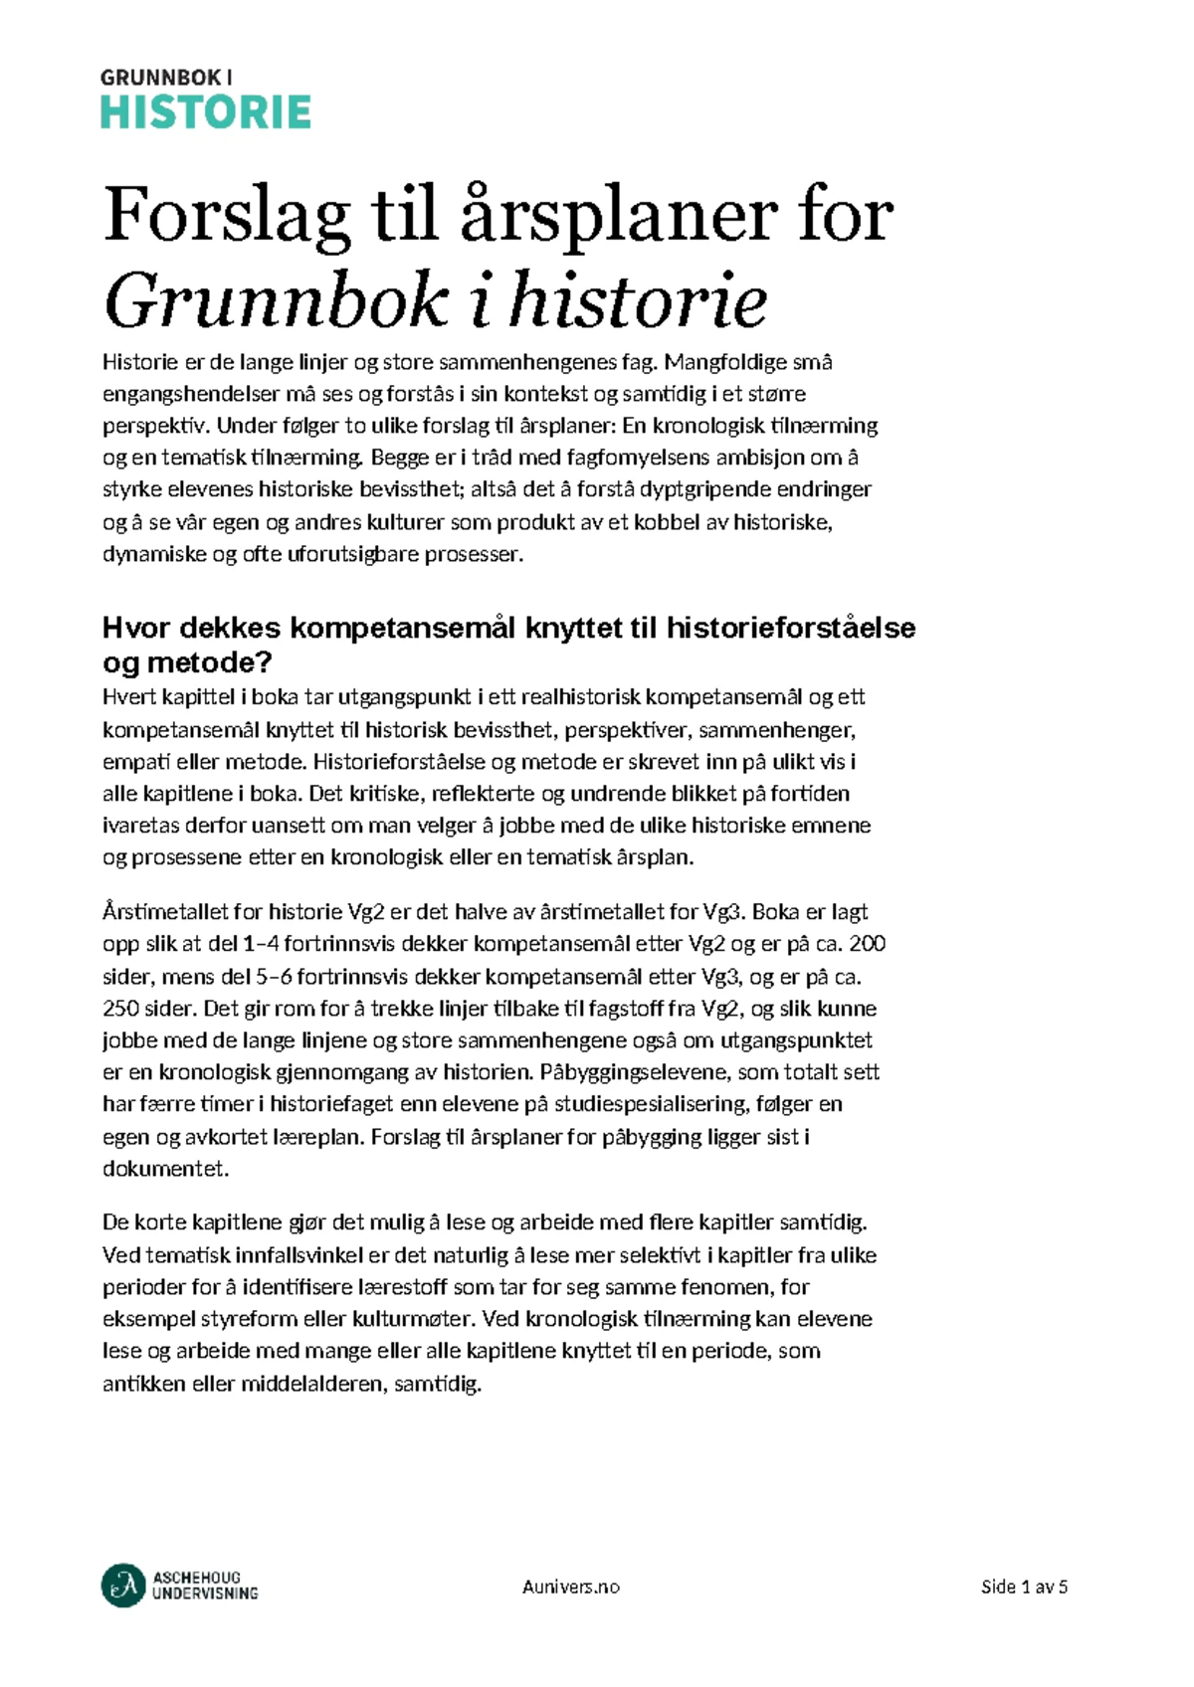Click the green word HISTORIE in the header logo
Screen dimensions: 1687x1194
[206, 112]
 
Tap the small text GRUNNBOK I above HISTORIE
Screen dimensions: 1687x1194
[167, 77]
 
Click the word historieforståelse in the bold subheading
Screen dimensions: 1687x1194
[790, 628]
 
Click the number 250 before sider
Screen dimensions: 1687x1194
[121, 1009]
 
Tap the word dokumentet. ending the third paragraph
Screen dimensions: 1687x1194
[165, 1169]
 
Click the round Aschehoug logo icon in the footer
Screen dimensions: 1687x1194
[123, 1586]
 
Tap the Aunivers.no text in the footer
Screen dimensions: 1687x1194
[570, 1587]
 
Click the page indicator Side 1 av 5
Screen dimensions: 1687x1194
[1023, 1587]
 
